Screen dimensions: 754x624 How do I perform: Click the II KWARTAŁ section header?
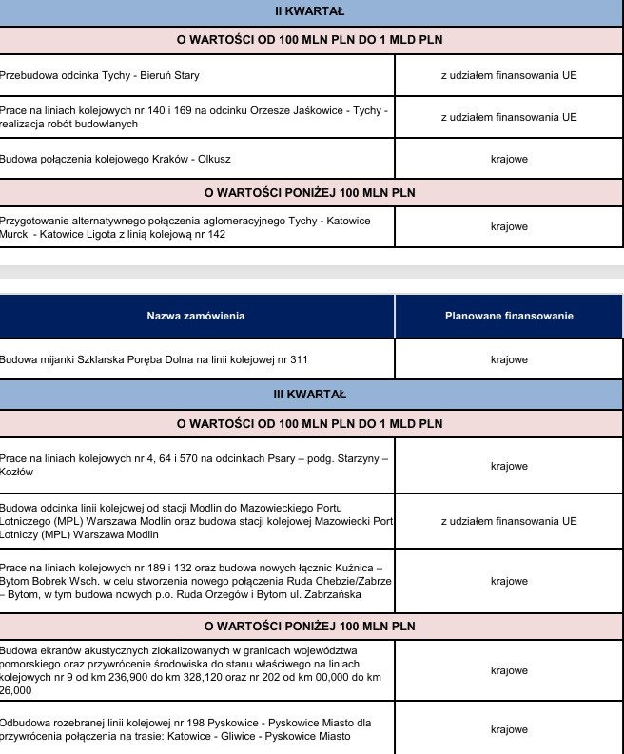pyautogui.click(x=311, y=11)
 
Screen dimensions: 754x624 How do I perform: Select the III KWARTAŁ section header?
pyautogui.click(x=311, y=392)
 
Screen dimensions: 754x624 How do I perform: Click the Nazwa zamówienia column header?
pyautogui.click(x=197, y=316)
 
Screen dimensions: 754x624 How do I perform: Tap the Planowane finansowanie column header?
pyautogui.click(x=509, y=316)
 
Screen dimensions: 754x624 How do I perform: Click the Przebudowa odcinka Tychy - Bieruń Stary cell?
pyautogui.click(x=197, y=74)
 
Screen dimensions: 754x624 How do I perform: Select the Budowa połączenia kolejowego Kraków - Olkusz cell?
pyautogui.click(x=197, y=159)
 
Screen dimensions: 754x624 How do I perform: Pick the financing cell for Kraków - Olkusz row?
pyautogui.click(x=509, y=159)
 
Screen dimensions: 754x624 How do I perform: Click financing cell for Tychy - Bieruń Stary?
pyautogui.click(x=509, y=74)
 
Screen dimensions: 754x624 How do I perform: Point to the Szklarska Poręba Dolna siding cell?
pyautogui.click(x=197, y=359)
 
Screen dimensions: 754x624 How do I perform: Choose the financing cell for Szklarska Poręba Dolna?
pyautogui.click(x=509, y=359)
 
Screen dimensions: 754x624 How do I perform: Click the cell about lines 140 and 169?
pyautogui.click(x=197, y=117)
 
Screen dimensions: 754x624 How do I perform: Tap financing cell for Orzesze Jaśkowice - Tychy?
pyautogui.click(x=509, y=117)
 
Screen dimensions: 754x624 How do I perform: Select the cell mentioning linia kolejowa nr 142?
pyautogui.click(x=197, y=227)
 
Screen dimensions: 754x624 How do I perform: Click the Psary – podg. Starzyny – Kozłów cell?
pyautogui.click(x=197, y=465)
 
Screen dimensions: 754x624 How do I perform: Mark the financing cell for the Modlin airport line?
pyautogui.click(x=509, y=521)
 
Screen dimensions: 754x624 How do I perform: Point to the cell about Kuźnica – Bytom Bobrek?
pyautogui.click(x=197, y=581)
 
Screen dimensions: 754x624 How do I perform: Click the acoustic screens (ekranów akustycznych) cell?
pyautogui.click(x=197, y=670)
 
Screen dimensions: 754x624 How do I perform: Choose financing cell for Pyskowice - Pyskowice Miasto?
pyautogui.click(x=509, y=729)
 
